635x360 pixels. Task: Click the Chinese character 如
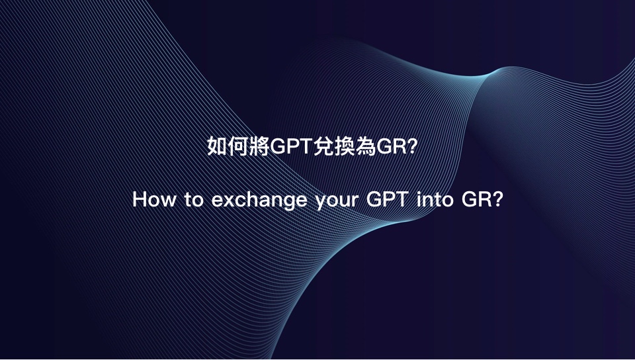(218, 146)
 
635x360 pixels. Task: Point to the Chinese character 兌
(324, 146)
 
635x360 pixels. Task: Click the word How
(154, 199)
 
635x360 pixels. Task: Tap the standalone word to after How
(194, 200)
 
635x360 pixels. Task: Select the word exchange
(259, 201)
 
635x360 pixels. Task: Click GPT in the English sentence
(387, 199)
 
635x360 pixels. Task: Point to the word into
(435, 199)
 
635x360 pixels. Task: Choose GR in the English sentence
(476, 199)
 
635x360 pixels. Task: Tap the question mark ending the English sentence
(497, 199)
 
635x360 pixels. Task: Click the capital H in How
(140, 199)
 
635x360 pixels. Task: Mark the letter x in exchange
(230, 201)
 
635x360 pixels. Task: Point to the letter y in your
(321, 203)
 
